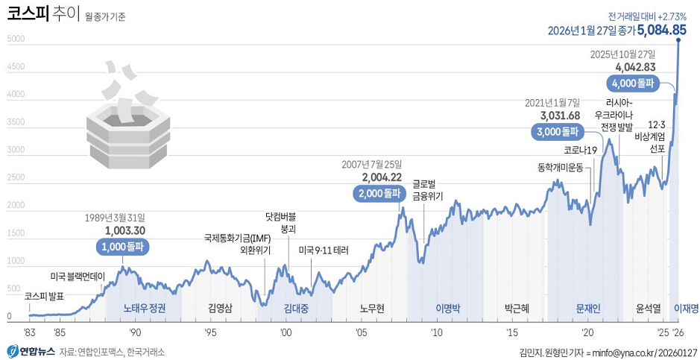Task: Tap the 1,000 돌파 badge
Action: [x=123, y=246]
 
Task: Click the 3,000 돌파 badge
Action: [x=557, y=132]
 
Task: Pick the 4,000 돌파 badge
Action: [x=632, y=83]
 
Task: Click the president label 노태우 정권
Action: [x=145, y=308]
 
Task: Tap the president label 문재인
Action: [x=588, y=308]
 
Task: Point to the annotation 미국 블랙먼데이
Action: [x=83, y=277]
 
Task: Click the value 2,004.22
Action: [x=382, y=177]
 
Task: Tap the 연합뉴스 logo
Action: [x=30, y=351]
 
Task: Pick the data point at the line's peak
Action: [x=678, y=40]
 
